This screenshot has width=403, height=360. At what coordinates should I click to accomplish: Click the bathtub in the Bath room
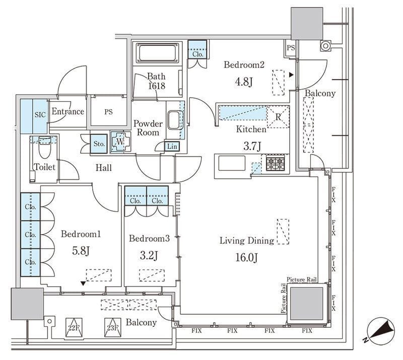coord(158,53)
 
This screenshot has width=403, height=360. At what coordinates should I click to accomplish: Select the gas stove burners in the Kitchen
coord(276,163)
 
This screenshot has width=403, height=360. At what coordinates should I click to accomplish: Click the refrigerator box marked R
coord(278,117)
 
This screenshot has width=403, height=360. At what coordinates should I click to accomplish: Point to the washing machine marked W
coord(120,142)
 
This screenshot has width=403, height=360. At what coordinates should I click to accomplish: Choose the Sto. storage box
coord(99,143)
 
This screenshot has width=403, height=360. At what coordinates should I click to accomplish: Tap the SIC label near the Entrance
coord(40,115)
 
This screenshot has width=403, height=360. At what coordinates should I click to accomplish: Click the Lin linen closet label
coord(172,146)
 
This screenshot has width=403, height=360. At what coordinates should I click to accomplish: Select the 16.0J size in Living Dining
coord(246,257)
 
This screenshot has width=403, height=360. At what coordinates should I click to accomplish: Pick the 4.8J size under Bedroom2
coord(243,82)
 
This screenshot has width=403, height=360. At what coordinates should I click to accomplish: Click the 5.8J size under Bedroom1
coord(81,251)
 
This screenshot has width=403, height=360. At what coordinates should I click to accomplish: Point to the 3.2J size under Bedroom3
coord(149,255)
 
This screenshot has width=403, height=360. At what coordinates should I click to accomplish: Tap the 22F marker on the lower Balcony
coord(74,328)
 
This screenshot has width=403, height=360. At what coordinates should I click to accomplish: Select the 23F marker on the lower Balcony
coord(112,328)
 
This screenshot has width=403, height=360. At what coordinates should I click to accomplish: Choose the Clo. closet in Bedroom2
coord(197,49)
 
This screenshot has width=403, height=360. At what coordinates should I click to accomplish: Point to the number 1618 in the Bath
coord(157,86)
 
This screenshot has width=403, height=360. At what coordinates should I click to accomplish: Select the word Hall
coord(104,168)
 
